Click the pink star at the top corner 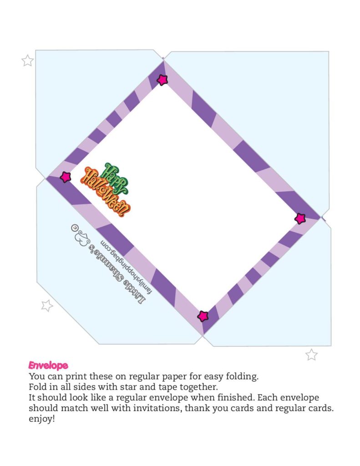(x=162, y=80)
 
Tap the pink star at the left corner (x=66, y=177)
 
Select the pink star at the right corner (x=300, y=218)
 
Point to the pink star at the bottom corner (x=203, y=316)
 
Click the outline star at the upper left (x=28, y=61)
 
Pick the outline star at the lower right (x=311, y=355)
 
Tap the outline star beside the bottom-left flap (x=47, y=305)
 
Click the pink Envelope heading (x=48, y=365)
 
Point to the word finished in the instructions (x=223, y=398)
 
